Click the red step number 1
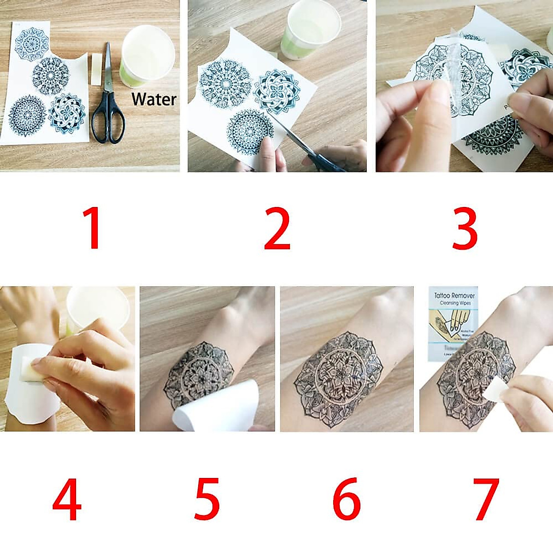tap(94, 228)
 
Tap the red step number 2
tap(277, 228)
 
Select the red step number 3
tap(465, 228)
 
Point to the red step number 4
tap(67, 499)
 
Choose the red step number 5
tap(207, 499)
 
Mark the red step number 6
tap(347, 499)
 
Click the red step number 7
tap(486, 499)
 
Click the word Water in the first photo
tap(153, 99)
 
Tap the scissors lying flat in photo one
tap(108, 101)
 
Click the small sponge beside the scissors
tap(96, 69)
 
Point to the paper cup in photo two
tap(311, 30)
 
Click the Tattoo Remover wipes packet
tap(454, 323)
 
